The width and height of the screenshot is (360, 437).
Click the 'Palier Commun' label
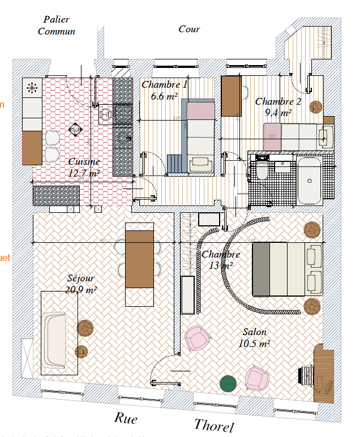(56, 25)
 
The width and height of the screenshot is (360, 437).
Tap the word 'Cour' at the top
(189, 29)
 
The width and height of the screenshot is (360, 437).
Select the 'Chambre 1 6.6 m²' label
(164, 90)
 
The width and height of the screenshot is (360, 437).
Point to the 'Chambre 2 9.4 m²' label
(278, 106)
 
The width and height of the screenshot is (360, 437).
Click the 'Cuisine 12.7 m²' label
(84, 168)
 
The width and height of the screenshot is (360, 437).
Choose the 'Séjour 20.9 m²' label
(81, 284)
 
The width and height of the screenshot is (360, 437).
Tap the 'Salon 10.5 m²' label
(254, 337)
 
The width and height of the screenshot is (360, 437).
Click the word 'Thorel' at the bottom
(213, 425)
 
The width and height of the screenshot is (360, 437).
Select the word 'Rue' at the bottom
(126, 418)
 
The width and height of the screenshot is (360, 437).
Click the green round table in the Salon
(229, 383)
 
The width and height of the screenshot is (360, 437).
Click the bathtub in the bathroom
(309, 181)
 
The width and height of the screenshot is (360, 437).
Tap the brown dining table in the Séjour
(139, 259)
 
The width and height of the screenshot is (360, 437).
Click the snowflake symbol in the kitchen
(32, 88)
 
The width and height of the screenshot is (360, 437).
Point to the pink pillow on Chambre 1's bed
(200, 111)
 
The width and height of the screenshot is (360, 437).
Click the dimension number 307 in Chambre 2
(272, 136)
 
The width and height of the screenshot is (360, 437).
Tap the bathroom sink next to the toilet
(282, 166)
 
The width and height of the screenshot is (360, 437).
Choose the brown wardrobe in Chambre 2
(232, 96)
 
